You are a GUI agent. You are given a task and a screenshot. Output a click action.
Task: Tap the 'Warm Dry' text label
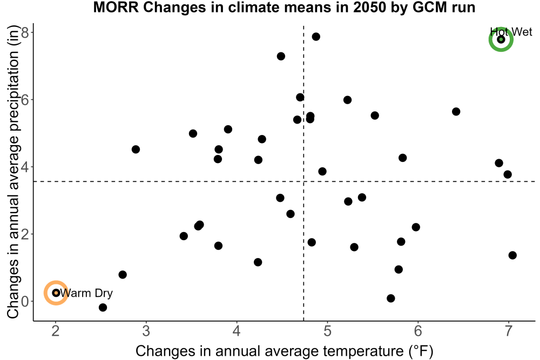[86, 293]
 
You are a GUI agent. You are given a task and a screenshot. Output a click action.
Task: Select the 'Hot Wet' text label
[511, 32]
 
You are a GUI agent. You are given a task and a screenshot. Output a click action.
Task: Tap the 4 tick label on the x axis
[237, 331]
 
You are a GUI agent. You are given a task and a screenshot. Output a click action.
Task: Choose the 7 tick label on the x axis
[508, 331]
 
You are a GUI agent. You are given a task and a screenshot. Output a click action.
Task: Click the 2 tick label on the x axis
[56, 331]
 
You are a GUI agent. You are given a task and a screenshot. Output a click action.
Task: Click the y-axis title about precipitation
[13, 172]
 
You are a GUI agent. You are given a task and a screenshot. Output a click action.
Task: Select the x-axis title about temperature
[285, 351]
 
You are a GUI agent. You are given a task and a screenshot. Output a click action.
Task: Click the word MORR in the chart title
[116, 7]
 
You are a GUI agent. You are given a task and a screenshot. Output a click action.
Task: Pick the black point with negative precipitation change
[103, 307]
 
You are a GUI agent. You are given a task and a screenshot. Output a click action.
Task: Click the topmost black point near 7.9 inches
[316, 37]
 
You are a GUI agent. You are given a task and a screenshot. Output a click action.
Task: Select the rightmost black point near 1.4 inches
[512, 255]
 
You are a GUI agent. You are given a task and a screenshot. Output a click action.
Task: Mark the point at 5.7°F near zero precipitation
[390, 298]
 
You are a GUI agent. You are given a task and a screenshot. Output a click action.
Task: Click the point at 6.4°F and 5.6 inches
[456, 112]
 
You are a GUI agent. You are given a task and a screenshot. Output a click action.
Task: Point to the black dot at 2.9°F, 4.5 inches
[136, 150]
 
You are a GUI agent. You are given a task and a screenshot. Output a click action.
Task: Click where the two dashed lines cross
[303, 181]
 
